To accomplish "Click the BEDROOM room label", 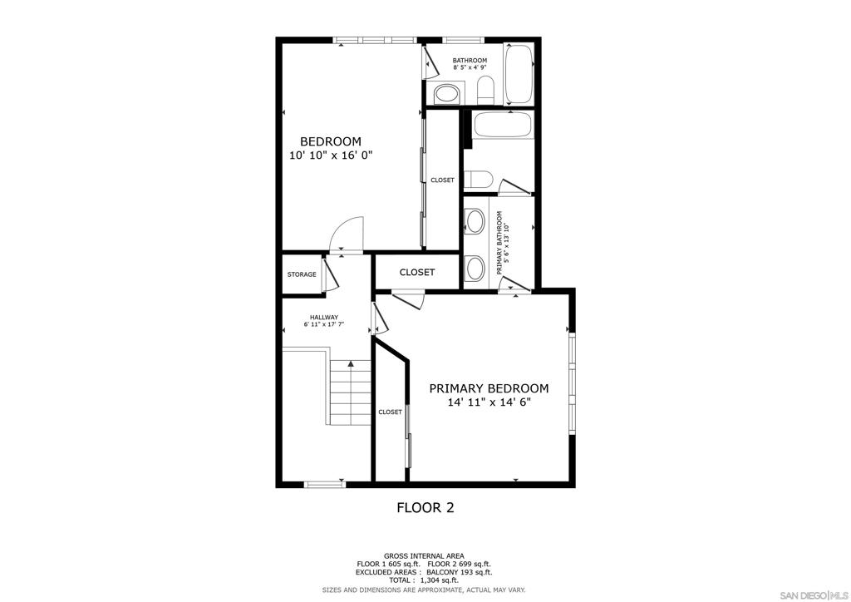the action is click(x=331, y=141).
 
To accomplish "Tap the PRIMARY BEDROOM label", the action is click(x=489, y=388).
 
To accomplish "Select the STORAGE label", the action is click(x=302, y=274).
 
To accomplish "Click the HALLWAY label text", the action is click(x=324, y=318).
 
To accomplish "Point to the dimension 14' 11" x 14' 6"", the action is click(x=489, y=402).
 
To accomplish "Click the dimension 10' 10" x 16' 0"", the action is click(x=331, y=155).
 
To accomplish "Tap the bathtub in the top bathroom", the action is click(x=519, y=74).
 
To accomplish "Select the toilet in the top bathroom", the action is click(x=485, y=90).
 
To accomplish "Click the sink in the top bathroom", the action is click(x=447, y=93).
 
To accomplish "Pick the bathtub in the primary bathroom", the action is click(x=503, y=125).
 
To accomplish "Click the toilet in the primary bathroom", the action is click(x=479, y=179).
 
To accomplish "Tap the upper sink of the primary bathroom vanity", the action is click(x=476, y=221).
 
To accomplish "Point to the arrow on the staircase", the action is click(x=352, y=363).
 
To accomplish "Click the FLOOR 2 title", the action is click(x=425, y=508).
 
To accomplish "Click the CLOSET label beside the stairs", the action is click(x=391, y=412).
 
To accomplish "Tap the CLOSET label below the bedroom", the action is click(x=417, y=273).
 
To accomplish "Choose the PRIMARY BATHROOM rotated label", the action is click(x=503, y=242).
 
